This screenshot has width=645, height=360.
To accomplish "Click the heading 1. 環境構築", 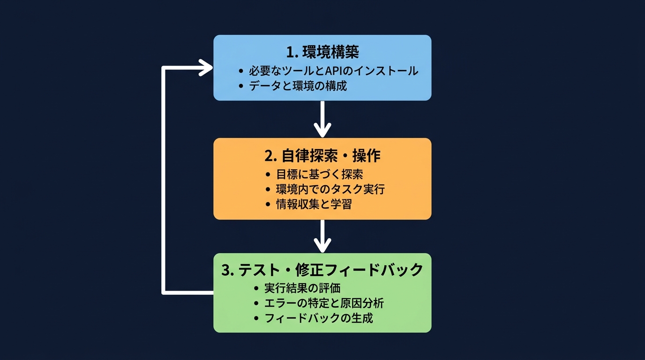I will point(322,52).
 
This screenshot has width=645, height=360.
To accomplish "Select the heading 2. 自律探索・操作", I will point(322,155).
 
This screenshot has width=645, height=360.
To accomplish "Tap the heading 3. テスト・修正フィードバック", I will point(322,270).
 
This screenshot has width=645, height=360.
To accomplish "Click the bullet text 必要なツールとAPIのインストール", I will point(333,71).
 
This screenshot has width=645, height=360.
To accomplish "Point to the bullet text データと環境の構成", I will point(298,86).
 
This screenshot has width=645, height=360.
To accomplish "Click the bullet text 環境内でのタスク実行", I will point(330,189).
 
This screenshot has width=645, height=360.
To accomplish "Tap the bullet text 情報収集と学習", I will point(314,204).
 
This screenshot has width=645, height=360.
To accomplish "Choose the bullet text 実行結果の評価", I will point(302,288).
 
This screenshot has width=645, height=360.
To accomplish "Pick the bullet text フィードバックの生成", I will point(319,318).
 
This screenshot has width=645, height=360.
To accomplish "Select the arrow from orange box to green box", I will point(322,235).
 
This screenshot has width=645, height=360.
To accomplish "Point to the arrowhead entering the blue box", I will point(205,67).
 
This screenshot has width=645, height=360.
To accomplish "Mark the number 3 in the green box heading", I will point(225,270).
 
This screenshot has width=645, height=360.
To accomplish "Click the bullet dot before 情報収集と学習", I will point(268,205).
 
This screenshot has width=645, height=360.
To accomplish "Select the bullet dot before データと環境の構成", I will point(241,86).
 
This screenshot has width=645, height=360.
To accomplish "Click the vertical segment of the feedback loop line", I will point(164,180).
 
